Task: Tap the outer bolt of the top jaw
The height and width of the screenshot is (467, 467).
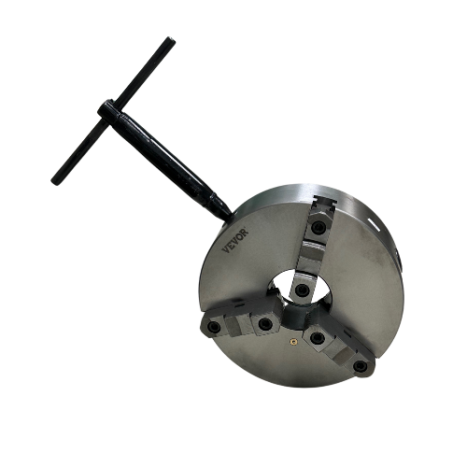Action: tap(319, 226)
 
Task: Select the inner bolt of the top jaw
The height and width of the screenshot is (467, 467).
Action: tap(303, 290)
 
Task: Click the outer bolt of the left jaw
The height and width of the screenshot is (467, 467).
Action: tap(215, 327)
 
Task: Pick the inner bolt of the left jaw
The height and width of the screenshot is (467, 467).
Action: tap(265, 324)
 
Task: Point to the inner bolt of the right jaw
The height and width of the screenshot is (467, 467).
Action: tap(318, 337)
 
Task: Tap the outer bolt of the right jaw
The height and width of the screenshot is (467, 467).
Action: tap(361, 366)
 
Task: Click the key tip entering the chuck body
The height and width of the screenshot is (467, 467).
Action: tap(225, 210)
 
